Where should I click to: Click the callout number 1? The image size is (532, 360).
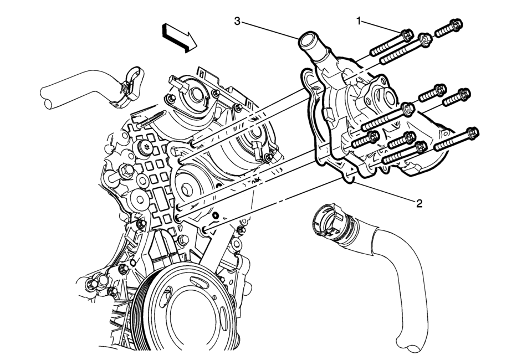[359, 21]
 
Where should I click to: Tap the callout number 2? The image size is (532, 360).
[420, 203]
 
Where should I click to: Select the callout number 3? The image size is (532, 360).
[237, 21]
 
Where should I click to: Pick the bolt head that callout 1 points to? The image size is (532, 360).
[406, 35]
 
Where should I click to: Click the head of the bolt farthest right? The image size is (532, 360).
[472, 133]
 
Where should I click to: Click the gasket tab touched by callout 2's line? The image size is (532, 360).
[349, 177]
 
